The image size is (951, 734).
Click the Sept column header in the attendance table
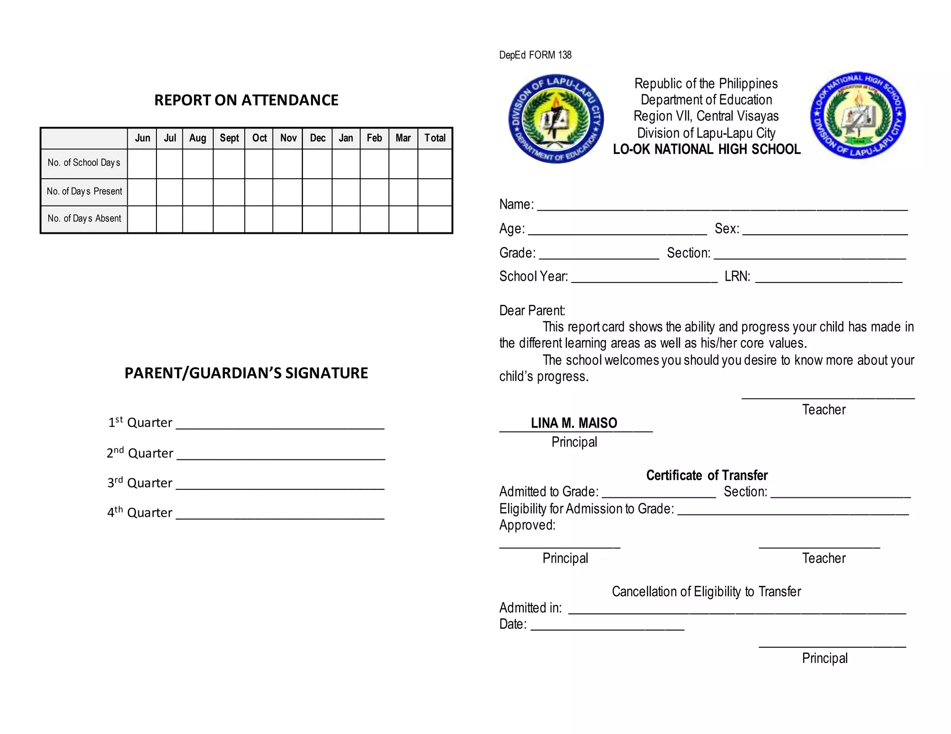[x=229, y=138]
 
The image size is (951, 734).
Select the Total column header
[x=435, y=138]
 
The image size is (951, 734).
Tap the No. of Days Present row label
[x=84, y=192]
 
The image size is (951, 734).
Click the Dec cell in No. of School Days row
[x=317, y=164]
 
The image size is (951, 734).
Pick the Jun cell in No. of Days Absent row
[x=142, y=219]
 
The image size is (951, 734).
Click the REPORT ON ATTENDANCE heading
[x=246, y=100]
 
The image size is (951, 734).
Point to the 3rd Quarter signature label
[x=140, y=483]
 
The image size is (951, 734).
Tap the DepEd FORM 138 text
[x=535, y=55]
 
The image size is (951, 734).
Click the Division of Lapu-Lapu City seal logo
[x=556, y=119]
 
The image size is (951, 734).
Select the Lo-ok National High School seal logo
[x=858, y=116]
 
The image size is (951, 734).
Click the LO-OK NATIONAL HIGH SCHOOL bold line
[x=706, y=149]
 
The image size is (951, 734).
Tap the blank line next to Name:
[x=722, y=206]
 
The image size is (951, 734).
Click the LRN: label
[x=737, y=277]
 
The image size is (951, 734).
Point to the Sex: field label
[x=727, y=229]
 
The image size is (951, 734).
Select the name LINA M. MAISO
[x=574, y=423]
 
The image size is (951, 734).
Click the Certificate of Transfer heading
[x=706, y=476]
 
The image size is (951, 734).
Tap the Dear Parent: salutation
[x=532, y=311]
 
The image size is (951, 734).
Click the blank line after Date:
[x=607, y=626]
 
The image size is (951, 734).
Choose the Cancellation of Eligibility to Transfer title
[x=706, y=592]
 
